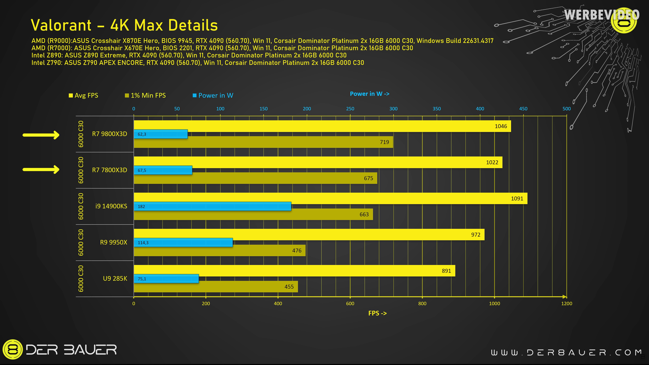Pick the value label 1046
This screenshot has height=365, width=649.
pyautogui.click(x=501, y=126)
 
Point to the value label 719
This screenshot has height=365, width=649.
pyautogui.click(x=384, y=142)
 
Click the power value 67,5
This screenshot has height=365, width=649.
pyautogui.click(x=142, y=171)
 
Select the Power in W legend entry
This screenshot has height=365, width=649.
pyautogui.click(x=213, y=95)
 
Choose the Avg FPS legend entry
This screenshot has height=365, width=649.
pyautogui.click(x=84, y=95)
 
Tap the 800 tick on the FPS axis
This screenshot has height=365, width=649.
pyautogui.click(x=422, y=303)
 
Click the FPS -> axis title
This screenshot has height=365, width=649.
pyautogui.click(x=377, y=313)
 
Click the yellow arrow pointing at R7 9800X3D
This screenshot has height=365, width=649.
pyautogui.click(x=41, y=135)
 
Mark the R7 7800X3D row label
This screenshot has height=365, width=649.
pyautogui.click(x=109, y=170)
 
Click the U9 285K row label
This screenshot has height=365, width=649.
pyautogui.click(x=115, y=278)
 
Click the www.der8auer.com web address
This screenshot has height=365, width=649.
pyautogui.click(x=566, y=352)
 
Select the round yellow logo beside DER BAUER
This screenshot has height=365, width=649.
pyautogui.click(x=12, y=349)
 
